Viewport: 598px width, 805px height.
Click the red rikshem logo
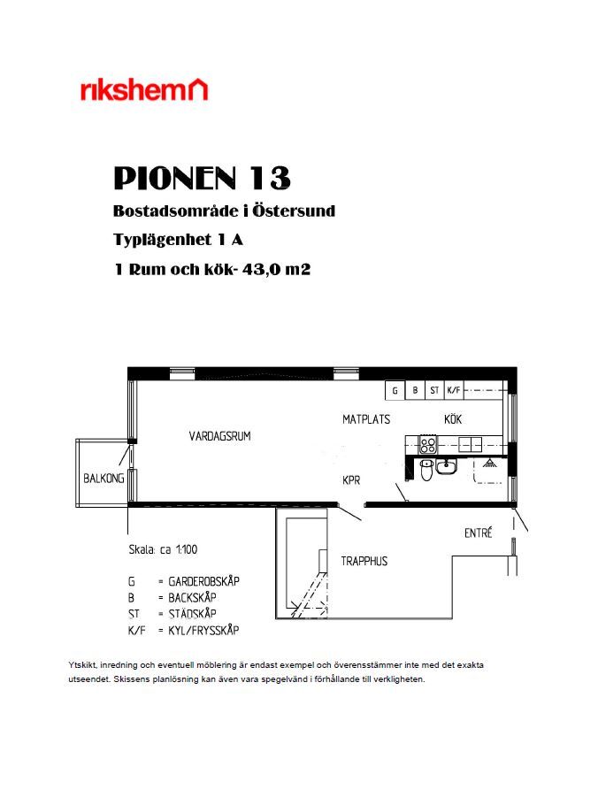[x=144, y=89]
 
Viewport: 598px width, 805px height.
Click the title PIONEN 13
[x=202, y=178]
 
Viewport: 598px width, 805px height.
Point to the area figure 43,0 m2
[x=276, y=269]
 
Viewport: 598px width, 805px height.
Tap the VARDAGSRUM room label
[x=219, y=436]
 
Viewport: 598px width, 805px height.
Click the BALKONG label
[x=103, y=479]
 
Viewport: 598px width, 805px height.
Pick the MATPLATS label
[x=366, y=419]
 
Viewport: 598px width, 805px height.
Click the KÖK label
[x=453, y=419]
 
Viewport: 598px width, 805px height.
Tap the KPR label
[x=351, y=480]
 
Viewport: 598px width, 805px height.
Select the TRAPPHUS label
[x=364, y=561]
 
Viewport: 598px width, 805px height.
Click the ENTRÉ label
[x=478, y=533]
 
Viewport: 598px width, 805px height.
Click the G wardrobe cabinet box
[x=395, y=390]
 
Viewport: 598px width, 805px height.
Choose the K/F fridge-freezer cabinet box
[x=454, y=390]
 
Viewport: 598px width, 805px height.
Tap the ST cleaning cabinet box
[x=434, y=390]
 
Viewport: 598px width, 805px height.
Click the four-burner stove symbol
[x=428, y=444]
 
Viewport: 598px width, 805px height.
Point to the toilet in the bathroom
[x=426, y=469]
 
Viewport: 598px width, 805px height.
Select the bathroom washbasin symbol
[x=446, y=467]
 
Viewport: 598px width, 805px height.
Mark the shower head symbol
[x=488, y=463]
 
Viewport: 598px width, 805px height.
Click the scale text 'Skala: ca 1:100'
[x=163, y=549]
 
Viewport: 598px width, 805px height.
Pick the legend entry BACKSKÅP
[x=192, y=598]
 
